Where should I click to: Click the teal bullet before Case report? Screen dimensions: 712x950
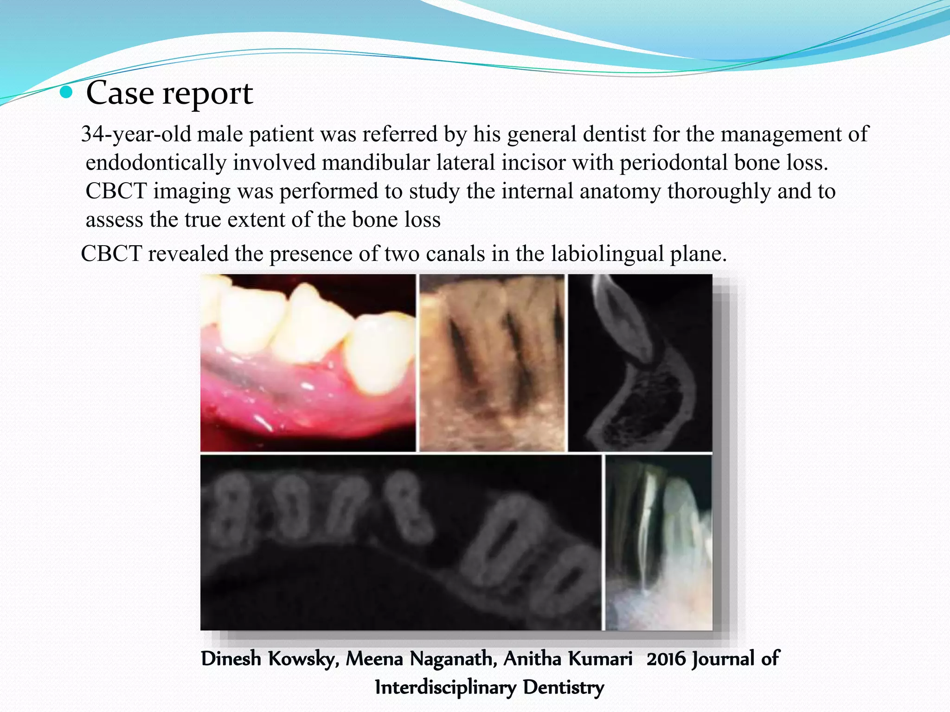pyautogui.click(x=67, y=93)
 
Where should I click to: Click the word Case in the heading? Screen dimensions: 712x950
pyautogui.click(x=120, y=93)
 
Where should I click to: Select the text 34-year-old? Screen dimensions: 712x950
pyautogui.click(x=136, y=134)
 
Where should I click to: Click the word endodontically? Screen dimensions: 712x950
pyautogui.click(x=156, y=163)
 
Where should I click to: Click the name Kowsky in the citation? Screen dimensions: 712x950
pyautogui.click(x=303, y=659)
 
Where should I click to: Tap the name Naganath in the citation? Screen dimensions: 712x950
pyautogui.click(x=453, y=659)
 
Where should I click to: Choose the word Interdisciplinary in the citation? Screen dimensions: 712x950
pyautogui.click(x=445, y=687)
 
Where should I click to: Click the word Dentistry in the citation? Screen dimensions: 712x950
pyautogui.click(x=564, y=687)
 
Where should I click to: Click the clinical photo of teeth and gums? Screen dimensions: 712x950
pyautogui.click(x=308, y=362)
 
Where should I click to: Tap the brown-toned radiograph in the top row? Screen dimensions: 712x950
pyautogui.click(x=492, y=362)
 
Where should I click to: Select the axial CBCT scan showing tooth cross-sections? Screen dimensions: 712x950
pyautogui.click(x=400, y=542)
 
